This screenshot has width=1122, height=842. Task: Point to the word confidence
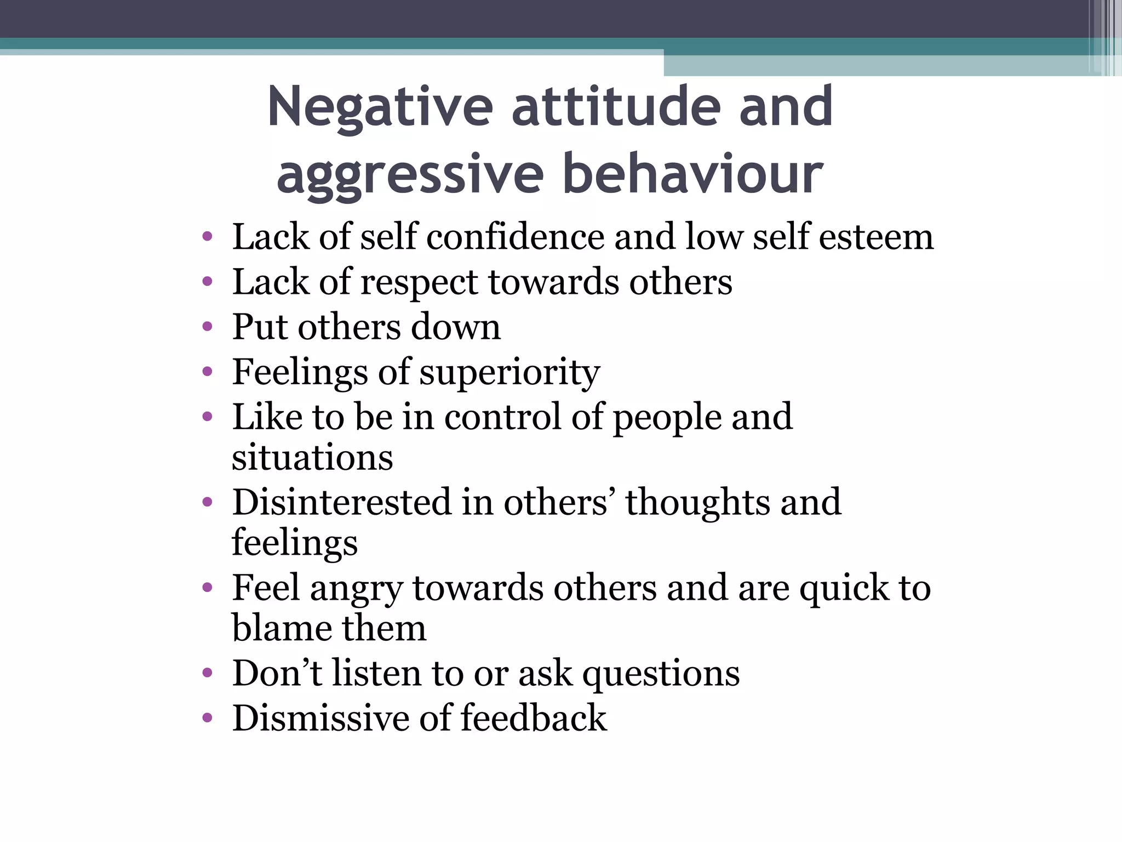click(x=515, y=237)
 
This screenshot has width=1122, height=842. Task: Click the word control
click(x=502, y=417)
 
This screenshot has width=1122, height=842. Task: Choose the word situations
click(x=312, y=458)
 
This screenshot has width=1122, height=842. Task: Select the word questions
click(x=661, y=674)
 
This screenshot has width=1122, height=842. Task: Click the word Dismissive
click(x=320, y=718)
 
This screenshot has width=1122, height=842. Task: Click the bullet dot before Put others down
click(x=207, y=327)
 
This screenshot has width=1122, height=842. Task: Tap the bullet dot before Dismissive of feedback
click(x=207, y=718)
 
